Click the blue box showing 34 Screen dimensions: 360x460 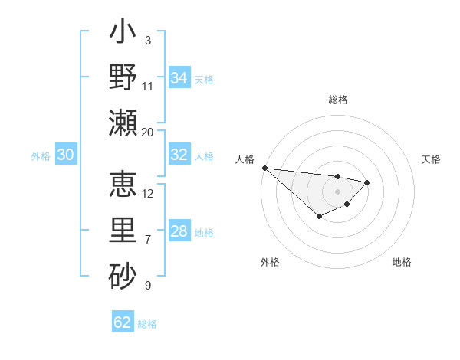point(179,78)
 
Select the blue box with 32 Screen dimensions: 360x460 point(179,155)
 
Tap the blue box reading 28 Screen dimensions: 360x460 point(179,231)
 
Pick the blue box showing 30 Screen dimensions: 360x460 point(65,155)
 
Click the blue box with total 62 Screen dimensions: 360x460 point(123,322)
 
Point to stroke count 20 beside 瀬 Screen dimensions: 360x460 point(148,133)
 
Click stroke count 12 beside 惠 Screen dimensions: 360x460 point(148,193)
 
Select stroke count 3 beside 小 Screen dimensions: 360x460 point(148,40)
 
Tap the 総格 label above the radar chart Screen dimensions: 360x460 point(337,100)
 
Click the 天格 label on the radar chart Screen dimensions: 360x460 point(431,159)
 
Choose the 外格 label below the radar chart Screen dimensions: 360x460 point(270,262)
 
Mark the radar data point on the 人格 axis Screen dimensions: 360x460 point(264,168)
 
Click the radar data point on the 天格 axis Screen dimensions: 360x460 point(367,182)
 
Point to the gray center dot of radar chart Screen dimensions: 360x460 point(337,191)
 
